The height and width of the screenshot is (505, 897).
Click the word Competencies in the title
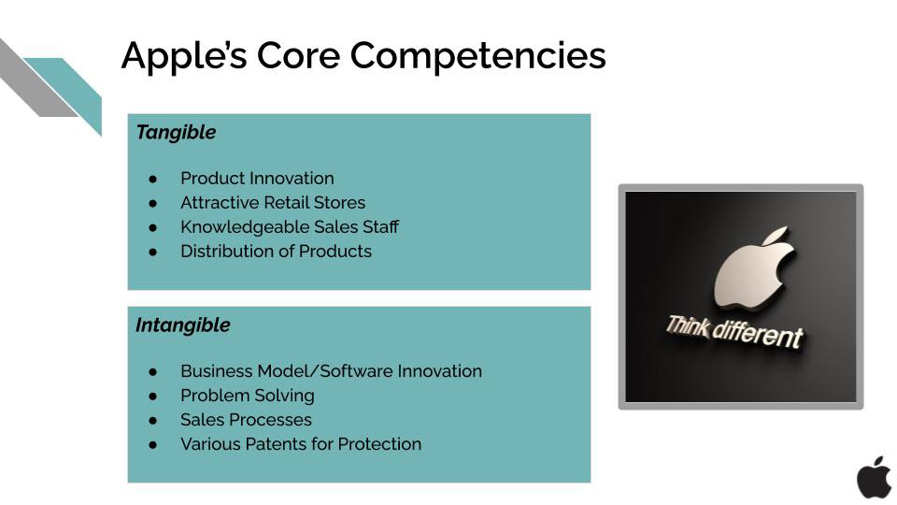[477, 57]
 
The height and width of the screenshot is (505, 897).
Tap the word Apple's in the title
[184, 57]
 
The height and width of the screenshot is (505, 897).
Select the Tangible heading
[177, 133]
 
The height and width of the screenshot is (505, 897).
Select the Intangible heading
[183, 325]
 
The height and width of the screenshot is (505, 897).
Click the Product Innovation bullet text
[257, 179]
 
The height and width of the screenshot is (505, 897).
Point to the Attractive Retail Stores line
[273, 203]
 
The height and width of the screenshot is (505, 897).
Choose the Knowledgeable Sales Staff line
[290, 227]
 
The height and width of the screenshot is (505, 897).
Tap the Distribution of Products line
[276, 252]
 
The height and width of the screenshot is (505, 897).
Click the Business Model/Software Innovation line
[331, 371]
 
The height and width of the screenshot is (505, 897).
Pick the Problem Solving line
[247, 396]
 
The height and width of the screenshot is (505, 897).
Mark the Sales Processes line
[246, 420]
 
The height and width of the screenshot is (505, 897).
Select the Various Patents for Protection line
[301, 444]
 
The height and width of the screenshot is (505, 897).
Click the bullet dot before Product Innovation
[152, 180]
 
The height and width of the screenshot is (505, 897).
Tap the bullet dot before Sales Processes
[152, 420]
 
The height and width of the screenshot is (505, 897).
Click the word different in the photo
[758, 335]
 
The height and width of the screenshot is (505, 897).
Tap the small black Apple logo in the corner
[874, 478]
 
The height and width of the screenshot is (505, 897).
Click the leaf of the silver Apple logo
[776, 236]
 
